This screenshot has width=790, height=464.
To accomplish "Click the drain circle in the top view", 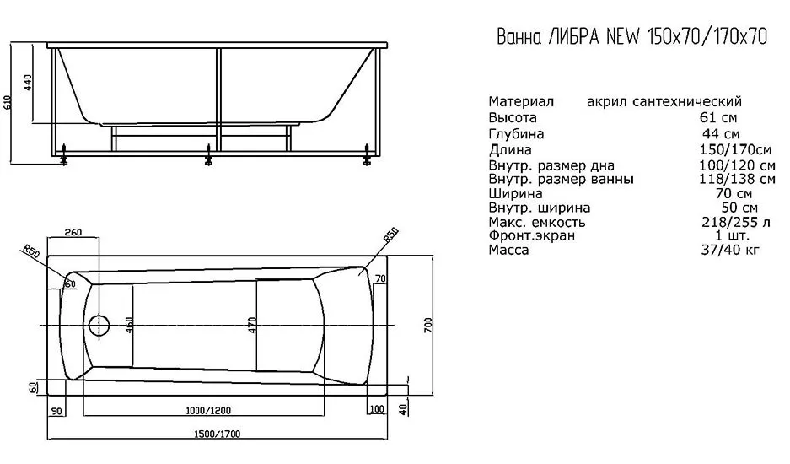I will tap(99, 326).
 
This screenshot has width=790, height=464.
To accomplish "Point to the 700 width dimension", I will tap(427, 326).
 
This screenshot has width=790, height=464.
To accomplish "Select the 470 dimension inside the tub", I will tap(250, 325).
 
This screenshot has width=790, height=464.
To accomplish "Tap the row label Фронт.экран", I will tap(531, 236).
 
